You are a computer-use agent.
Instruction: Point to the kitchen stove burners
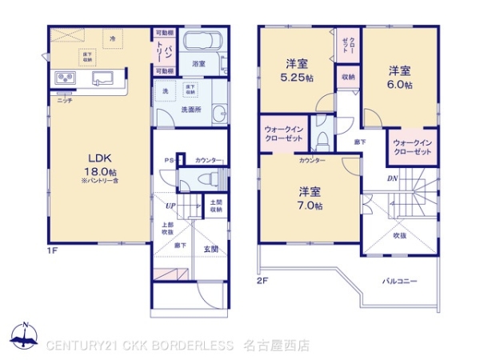pos(65,78)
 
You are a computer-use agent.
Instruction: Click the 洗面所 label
pos(190,109)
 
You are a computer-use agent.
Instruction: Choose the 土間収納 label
pos(216,207)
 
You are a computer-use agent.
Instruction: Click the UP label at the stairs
pos(170,206)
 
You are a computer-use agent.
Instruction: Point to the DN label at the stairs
pos(393,178)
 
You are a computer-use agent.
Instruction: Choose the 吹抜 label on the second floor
pos(399,235)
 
